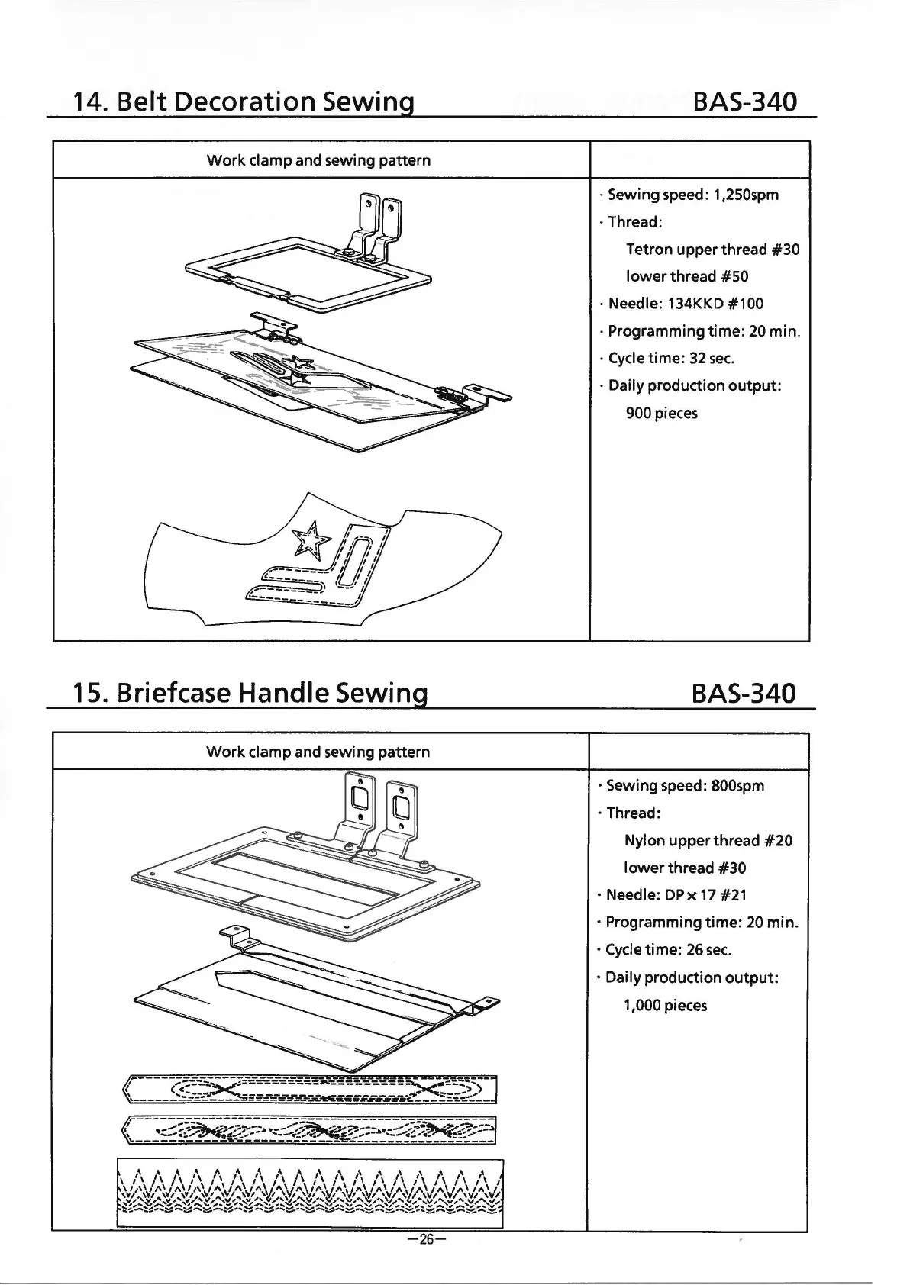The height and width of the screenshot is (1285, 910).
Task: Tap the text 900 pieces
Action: pos(661,413)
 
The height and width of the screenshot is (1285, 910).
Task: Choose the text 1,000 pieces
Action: pos(665,1005)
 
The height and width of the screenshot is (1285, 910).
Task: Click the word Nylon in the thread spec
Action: pos(644,841)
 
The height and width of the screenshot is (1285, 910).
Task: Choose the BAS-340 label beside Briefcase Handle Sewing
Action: pos(742,693)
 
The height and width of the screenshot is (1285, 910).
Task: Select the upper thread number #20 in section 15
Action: pos(777,841)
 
